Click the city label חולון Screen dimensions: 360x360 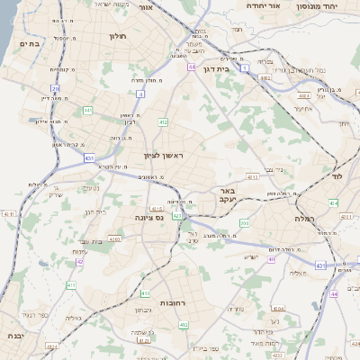pyautogui.click(x=118, y=37)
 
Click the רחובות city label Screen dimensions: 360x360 pyautogui.click(x=171, y=302)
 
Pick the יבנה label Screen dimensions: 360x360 pyautogui.click(x=13, y=336)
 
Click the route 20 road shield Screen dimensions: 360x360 pyautogui.click(x=56, y=88)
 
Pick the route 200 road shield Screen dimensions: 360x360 pyautogui.click(x=244, y=223)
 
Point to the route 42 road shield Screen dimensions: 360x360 pyautogui.click(x=79, y=261)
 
